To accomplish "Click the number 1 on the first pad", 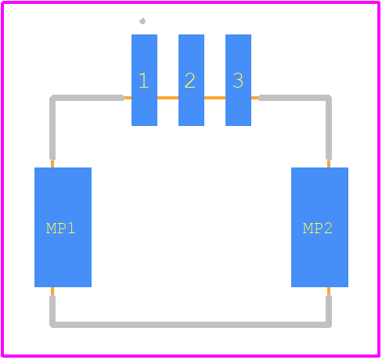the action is [144, 81].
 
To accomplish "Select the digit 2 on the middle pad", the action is [189, 81].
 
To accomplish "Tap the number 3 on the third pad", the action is [238, 81].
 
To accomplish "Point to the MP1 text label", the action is [60, 229].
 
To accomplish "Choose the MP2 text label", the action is [318, 229].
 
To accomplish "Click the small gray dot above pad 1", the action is [142, 21].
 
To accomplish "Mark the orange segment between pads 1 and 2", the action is [168, 98].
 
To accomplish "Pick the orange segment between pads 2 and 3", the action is [214, 98].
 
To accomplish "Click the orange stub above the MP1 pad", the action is [52, 164].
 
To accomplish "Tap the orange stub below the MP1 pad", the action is [52, 291].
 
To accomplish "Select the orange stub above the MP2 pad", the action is [329, 164].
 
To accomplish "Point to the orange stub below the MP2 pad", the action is [329, 291].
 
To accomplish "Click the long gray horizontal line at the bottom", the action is [191, 325].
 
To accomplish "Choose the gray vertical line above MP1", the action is [52, 128].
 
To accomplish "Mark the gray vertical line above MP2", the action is [329, 128].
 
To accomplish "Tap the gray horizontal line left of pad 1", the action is [88, 98].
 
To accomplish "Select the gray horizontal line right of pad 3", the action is [295, 98].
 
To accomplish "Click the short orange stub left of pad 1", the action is [128, 98].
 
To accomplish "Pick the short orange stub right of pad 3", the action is [255, 98].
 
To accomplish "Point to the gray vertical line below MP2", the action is [329, 311].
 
